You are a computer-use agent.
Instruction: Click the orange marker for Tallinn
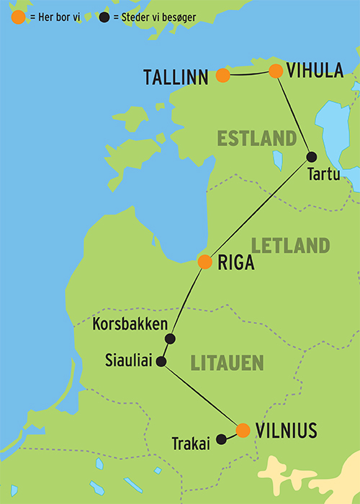pos(223,75)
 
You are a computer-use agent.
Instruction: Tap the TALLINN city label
pos(178,76)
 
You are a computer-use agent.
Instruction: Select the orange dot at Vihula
pos(275,71)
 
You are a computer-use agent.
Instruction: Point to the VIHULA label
pos(315,71)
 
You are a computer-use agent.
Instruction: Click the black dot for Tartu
pos(312,157)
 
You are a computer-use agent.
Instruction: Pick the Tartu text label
pos(320,174)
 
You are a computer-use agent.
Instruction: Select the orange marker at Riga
pos(204,262)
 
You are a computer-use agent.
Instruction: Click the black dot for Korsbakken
pos(171,338)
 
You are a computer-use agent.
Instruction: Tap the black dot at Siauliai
pos(161,361)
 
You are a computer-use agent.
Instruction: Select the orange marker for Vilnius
pos(243,431)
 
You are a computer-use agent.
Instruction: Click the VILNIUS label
pos(287,431)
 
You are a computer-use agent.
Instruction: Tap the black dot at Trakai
pos(221,437)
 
